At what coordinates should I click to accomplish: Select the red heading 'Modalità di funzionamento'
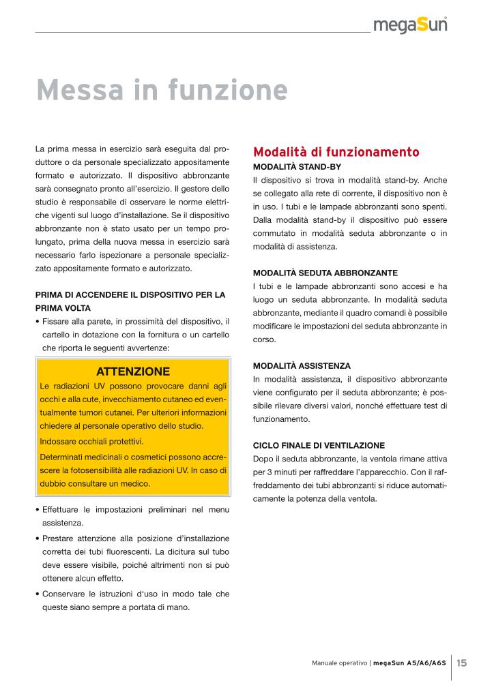click(336, 151)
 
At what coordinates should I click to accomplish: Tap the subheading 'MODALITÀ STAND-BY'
click(297, 166)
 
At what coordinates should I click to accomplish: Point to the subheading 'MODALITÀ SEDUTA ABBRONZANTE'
click(325, 273)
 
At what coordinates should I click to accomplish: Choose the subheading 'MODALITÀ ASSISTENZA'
click(302, 366)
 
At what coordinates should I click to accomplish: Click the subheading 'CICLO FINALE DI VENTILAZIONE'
click(319, 445)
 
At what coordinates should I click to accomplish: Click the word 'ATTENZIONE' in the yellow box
click(133, 371)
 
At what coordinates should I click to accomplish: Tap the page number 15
click(462, 663)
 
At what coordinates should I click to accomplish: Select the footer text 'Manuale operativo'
click(339, 663)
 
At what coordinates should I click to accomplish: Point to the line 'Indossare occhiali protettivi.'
click(92, 441)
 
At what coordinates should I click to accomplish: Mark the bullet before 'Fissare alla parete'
click(37, 322)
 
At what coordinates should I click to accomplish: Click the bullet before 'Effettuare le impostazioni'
click(37, 510)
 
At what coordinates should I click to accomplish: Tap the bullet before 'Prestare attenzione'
click(37, 538)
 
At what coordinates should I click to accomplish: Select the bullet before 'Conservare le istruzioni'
click(37, 594)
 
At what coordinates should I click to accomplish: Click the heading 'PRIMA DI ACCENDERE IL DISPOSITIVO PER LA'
click(130, 294)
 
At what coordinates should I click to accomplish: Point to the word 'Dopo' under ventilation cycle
click(263, 459)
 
